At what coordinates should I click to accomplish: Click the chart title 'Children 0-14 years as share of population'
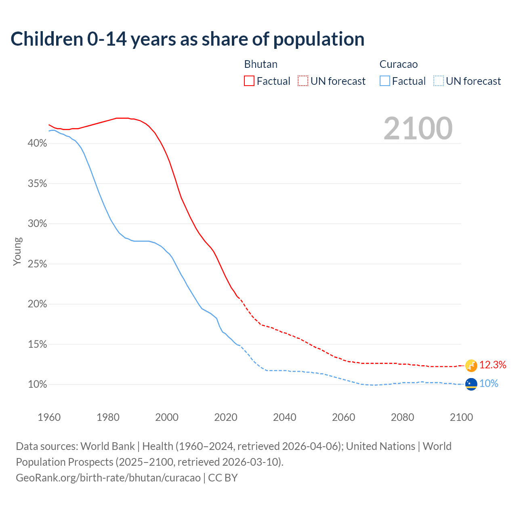[x=187, y=39]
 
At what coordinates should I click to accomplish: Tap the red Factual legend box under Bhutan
[x=249, y=81]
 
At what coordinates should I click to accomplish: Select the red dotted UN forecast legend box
[x=303, y=81]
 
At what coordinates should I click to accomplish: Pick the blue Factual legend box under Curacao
[x=385, y=81]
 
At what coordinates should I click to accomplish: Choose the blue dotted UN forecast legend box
[x=439, y=81]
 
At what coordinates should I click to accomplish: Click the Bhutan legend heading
[x=261, y=64]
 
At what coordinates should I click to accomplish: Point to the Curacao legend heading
[x=398, y=64]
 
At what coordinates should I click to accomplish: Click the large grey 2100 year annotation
[x=418, y=128]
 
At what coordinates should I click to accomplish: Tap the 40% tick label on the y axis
[x=38, y=143]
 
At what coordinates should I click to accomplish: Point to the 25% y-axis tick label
[x=38, y=264]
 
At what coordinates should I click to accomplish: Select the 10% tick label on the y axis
[x=38, y=385]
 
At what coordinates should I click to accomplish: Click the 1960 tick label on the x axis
[x=49, y=417]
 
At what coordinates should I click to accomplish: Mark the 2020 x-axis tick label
[x=226, y=417]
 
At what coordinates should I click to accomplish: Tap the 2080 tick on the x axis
[x=402, y=417]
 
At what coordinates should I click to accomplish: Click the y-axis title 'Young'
[x=17, y=251]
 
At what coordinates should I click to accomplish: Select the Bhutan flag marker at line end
[x=471, y=366]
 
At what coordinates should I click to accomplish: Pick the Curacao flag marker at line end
[x=471, y=384]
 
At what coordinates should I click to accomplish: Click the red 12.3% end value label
[x=493, y=365]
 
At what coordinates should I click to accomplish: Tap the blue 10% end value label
[x=489, y=384]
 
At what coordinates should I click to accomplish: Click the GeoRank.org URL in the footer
[x=108, y=478]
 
